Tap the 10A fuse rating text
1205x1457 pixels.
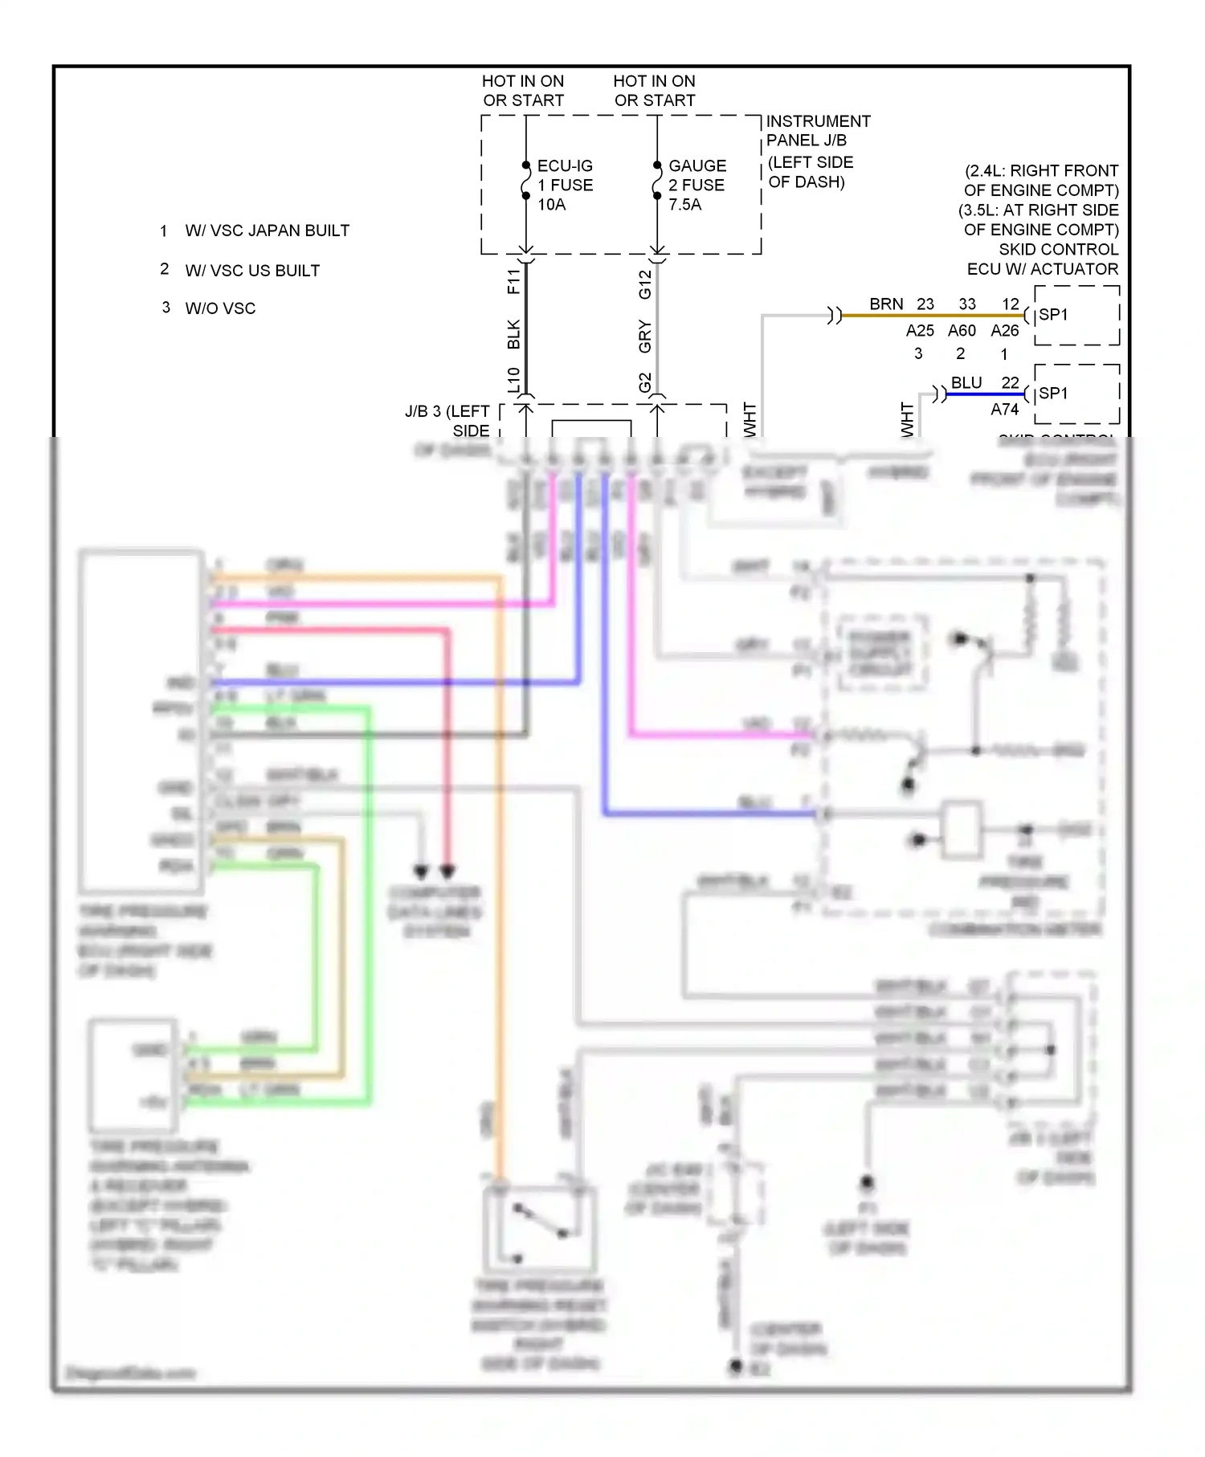pos(551,205)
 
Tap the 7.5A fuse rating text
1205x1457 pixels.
pos(684,205)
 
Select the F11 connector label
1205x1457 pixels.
pos(513,282)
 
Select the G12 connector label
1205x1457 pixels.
pos(645,284)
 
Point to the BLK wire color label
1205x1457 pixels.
pos(513,334)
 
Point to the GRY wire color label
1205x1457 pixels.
pos(645,336)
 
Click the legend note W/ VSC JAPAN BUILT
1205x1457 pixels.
pos(267,231)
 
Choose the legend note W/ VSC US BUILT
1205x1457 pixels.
pos(252,271)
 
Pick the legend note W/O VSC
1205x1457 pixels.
pos(220,308)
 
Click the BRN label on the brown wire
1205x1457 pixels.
pos(886,304)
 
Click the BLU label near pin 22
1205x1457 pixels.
pos(966,383)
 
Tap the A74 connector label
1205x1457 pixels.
pos(1004,410)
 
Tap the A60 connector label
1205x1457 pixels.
pos(962,331)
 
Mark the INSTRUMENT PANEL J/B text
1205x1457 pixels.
pos(817,131)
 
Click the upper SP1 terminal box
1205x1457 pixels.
pos(1076,315)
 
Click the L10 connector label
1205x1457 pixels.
pos(513,380)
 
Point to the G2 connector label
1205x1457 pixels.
pos(645,382)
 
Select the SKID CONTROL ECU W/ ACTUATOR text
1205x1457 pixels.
pos(1042,259)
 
